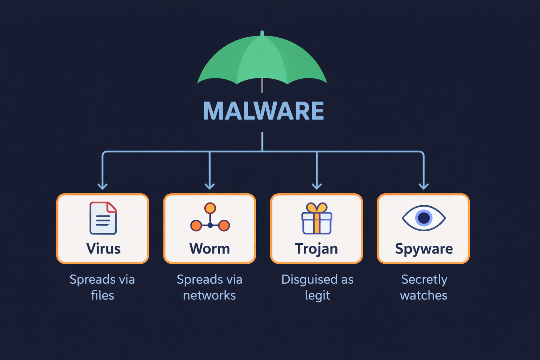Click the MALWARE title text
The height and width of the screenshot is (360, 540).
[263, 111]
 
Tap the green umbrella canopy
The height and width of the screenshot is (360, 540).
[262, 60]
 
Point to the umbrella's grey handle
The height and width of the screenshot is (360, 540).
[262, 85]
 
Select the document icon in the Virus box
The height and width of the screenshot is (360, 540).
[103, 218]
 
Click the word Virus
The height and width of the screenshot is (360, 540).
[103, 249]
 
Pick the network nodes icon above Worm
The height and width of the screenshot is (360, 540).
[210, 218]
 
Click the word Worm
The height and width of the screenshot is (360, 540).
[210, 249]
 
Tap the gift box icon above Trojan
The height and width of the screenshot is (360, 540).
[317, 218]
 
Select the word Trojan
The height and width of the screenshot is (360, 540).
[316, 249]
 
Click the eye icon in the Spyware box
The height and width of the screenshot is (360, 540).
[424, 218]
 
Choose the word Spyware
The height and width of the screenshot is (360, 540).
[424, 249]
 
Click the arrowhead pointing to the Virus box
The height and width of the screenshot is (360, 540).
[103, 186]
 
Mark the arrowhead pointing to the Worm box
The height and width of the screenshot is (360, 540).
[210, 186]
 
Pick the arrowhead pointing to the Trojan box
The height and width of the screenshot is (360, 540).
[317, 186]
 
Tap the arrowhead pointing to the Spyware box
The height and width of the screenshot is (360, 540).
[424, 186]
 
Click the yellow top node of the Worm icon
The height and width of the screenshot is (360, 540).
[210, 208]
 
